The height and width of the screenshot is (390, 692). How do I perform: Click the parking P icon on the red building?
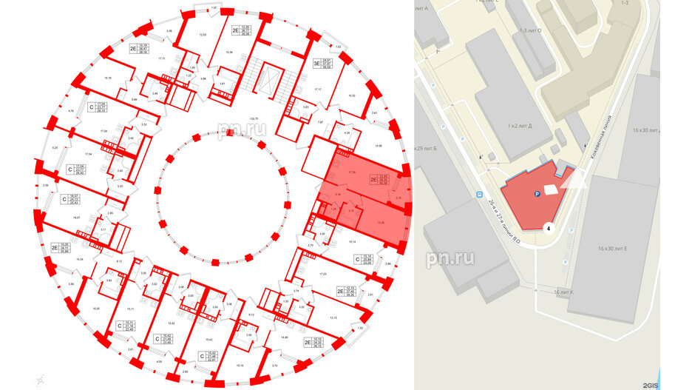(x=536, y=194)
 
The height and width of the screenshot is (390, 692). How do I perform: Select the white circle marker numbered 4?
(x=549, y=229)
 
